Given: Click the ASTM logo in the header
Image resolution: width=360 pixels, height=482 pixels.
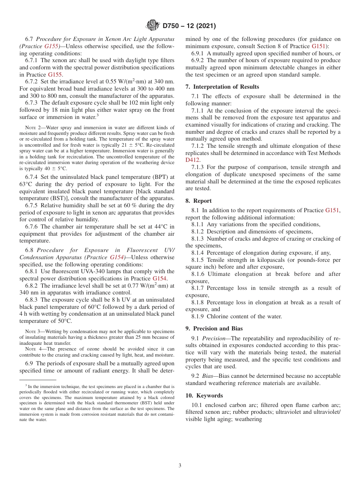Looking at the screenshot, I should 153,26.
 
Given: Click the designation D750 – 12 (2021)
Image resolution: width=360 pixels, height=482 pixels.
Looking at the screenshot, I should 189,26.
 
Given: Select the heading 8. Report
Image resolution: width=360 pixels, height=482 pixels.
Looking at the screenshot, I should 199,201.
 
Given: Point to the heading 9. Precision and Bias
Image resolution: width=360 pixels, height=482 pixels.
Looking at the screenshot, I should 214,329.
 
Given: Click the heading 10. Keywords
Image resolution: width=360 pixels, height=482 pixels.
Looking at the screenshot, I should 202,395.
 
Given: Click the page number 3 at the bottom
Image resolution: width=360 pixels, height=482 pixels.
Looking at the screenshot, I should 180,466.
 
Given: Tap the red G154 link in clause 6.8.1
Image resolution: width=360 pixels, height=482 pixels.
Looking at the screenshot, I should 160,279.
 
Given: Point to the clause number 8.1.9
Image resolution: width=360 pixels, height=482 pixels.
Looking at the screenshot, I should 198,316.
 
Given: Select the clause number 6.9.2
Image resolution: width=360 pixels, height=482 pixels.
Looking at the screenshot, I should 198,61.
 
